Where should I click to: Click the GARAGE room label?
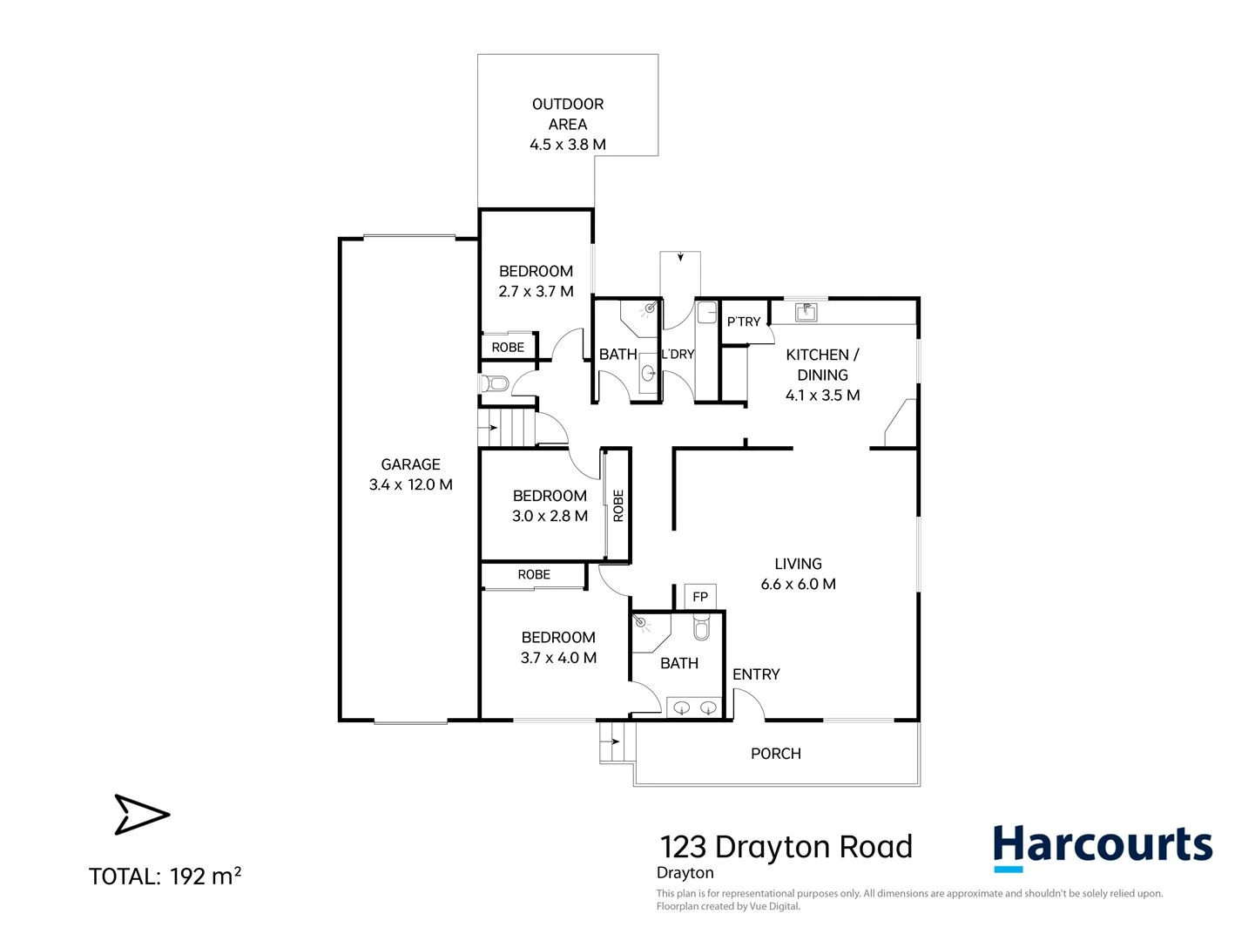click(x=410, y=464)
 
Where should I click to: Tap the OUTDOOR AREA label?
click(x=568, y=114)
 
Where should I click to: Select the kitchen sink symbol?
click(x=806, y=311)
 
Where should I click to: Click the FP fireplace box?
click(x=700, y=597)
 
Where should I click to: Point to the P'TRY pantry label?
click(x=744, y=322)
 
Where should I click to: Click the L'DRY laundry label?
click(x=678, y=355)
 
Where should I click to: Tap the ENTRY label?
click(x=756, y=674)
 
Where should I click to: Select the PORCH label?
click(x=776, y=754)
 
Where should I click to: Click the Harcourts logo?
click(x=1103, y=847)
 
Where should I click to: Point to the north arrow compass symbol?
click(x=141, y=815)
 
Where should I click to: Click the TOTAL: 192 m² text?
click(x=165, y=876)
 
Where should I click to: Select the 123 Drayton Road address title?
click(x=786, y=847)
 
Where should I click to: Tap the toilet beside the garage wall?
click(x=494, y=383)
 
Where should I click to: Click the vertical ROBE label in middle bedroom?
click(x=618, y=505)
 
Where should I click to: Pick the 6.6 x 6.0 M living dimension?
click(x=798, y=585)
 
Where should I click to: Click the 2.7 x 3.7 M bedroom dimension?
click(x=536, y=292)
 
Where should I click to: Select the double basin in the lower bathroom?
click(x=695, y=707)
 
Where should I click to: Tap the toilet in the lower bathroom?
click(x=702, y=627)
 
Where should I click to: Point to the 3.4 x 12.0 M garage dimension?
click(x=410, y=485)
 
